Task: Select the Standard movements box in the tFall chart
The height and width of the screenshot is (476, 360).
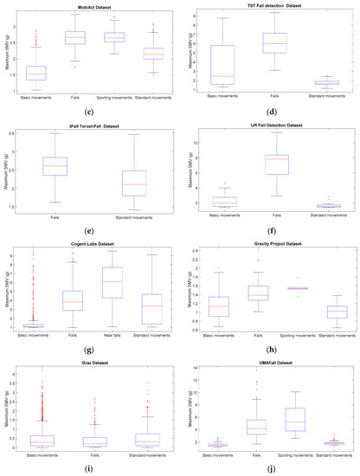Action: tap(133, 183)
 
